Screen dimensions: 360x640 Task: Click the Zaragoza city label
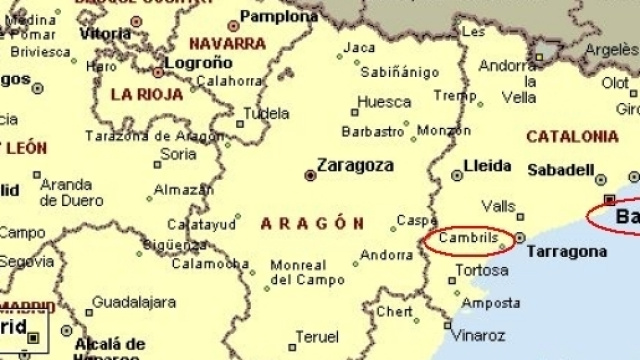[x=355, y=165]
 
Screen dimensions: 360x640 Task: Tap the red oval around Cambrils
[x=470, y=241]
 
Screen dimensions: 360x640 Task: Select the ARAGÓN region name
[x=311, y=223]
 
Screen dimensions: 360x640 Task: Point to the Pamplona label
[x=280, y=17]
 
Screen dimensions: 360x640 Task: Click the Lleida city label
[x=489, y=165]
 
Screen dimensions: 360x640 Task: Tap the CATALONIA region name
[x=572, y=136]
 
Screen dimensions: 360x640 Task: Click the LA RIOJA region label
[x=147, y=95]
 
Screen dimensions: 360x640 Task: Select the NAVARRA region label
[x=227, y=44]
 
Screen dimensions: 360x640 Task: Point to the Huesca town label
[x=384, y=102]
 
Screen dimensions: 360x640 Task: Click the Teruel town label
[x=317, y=337]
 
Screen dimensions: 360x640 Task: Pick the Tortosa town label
[x=481, y=271]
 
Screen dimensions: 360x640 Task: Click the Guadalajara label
[x=134, y=302]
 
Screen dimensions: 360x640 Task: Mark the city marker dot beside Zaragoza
[x=310, y=174]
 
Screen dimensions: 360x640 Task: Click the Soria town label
[x=179, y=154]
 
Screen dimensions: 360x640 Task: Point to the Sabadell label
[x=560, y=170]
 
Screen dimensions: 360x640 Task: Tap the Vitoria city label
[x=105, y=33]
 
